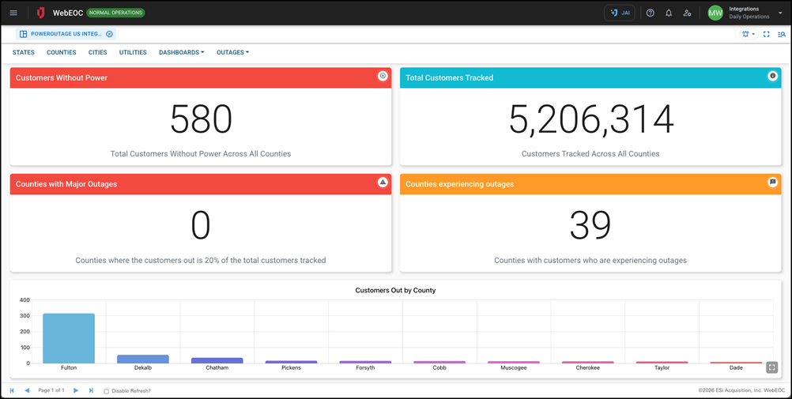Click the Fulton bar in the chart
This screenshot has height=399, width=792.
(69, 338)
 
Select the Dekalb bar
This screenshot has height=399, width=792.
(143, 359)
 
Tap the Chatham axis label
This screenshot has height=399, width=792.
(217, 368)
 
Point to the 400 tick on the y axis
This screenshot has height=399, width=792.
(25, 300)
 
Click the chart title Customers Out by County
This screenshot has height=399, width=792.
(395, 290)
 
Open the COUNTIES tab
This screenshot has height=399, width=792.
(62, 52)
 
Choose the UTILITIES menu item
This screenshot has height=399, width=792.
(133, 52)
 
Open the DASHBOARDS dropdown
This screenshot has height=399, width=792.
(181, 52)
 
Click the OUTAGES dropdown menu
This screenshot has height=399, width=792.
(232, 52)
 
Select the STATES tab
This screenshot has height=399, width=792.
(24, 52)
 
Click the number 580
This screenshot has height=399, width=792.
(201, 120)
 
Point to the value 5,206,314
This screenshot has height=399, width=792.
(590, 120)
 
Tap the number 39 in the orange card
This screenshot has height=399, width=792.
(590, 227)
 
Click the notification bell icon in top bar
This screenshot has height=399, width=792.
(669, 13)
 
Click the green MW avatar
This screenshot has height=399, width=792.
(715, 13)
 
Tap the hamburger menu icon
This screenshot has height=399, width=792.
(13, 13)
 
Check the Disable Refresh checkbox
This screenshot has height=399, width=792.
(107, 391)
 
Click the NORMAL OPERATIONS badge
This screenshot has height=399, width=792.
(115, 13)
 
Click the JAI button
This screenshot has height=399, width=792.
(620, 13)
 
